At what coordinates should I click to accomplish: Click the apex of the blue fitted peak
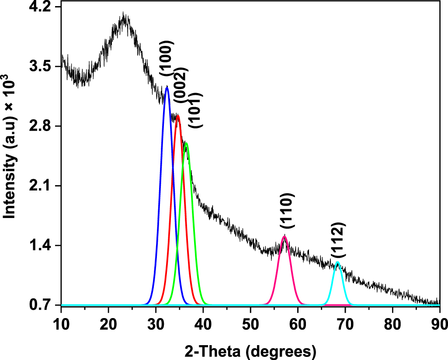coord(167,87)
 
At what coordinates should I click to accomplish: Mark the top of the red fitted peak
coord(177,116)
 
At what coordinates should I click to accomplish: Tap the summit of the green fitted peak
coord(186,143)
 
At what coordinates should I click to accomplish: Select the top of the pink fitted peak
coord(285,236)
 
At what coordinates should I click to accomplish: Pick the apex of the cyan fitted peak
coord(337,262)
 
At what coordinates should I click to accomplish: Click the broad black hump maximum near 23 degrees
coord(124,17)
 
